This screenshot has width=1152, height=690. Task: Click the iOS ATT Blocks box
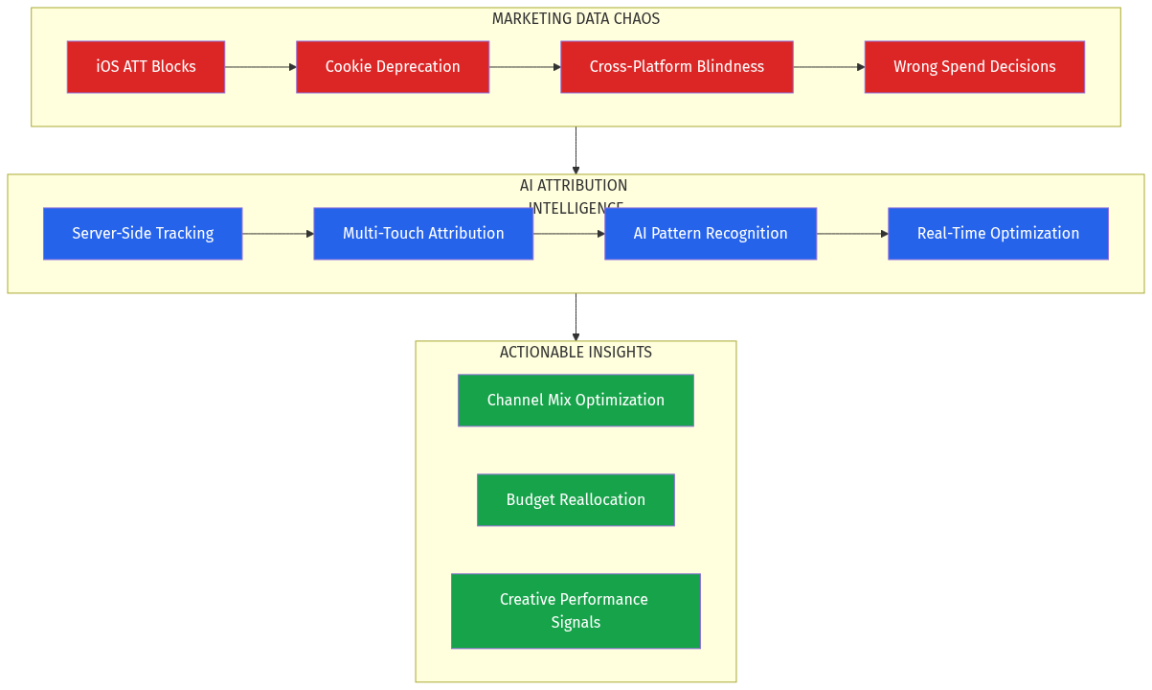[x=146, y=67]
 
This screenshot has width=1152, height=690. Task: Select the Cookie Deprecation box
[x=393, y=67]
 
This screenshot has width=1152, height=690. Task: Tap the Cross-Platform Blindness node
[x=676, y=67]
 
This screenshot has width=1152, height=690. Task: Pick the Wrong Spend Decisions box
[x=974, y=67]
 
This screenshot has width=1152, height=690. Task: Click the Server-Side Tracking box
[x=143, y=234]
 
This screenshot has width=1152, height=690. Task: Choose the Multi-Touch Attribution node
[x=423, y=234]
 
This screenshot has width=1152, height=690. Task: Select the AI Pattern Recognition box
[x=710, y=234]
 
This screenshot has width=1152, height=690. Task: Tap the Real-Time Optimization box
[x=998, y=234]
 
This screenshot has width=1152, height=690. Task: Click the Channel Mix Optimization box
[x=576, y=401]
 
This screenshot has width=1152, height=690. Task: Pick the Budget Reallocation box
[x=576, y=500]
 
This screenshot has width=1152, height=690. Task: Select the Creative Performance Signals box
[x=576, y=611]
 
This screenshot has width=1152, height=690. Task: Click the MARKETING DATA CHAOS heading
[x=576, y=19]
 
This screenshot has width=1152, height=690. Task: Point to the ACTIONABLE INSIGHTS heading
[x=576, y=353]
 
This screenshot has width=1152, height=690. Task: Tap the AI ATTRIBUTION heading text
[x=574, y=186]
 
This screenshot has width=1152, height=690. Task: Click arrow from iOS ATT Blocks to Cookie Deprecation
[x=260, y=67]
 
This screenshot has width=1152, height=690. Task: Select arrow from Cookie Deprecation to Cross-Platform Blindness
[x=525, y=67]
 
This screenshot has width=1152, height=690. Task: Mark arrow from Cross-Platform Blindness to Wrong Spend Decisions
[x=829, y=67]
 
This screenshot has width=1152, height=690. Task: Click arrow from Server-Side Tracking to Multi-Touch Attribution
[x=278, y=234]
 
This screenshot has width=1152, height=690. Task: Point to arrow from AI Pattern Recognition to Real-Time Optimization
[x=852, y=234]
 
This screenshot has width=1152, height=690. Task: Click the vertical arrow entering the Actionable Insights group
[x=576, y=317]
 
